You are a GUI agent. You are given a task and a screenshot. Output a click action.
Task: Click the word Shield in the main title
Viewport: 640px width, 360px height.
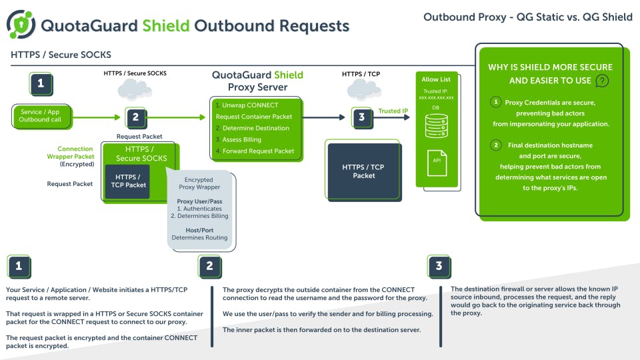pos(166,26)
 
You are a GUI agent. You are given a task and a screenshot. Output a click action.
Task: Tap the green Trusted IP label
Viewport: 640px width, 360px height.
pos(393,111)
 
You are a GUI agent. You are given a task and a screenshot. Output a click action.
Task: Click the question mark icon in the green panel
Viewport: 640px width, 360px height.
pos(602,81)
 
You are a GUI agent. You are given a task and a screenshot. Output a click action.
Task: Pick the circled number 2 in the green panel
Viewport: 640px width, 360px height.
pos(495,145)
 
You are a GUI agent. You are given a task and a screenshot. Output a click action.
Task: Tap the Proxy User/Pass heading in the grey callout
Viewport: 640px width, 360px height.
pos(199,201)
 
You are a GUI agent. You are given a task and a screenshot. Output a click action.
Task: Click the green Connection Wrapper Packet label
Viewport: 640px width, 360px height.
pos(75,153)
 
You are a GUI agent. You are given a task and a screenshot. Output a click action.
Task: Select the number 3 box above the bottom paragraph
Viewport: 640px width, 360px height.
pos(438,266)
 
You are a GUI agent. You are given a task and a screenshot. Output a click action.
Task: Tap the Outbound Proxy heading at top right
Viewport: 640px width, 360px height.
pos(527,17)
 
